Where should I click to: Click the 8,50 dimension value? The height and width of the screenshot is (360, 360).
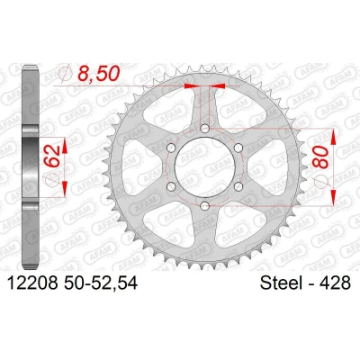(x=98, y=74)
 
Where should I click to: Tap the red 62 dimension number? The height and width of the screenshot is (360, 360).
(x=51, y=156)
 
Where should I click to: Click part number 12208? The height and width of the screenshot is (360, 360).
(x=32, y=283)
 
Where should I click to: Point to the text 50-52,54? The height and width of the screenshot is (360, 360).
(x=101, y=283)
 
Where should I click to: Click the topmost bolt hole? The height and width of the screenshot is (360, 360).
(x=205, y=129)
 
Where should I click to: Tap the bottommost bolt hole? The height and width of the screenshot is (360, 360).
(x=205, y=206)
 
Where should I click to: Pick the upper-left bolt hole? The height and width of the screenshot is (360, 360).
(x=171, y=148)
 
